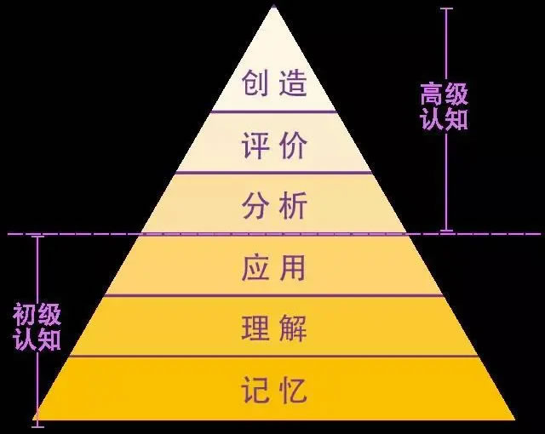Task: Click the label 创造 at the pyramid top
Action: (274, 83)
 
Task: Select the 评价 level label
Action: (274, 146)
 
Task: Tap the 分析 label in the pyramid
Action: (274, 205)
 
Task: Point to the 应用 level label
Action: (273, 267)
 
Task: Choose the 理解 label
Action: (274, 328)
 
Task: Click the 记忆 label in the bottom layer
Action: (274, 390)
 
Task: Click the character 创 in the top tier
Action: (255, 83)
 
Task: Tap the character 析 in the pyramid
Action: (293, 205)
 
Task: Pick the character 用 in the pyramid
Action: (292, 267)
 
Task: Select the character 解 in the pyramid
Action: (293, 328)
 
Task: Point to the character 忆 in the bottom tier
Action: (293, 390)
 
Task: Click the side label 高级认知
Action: (444, 106)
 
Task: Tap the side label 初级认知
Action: (37, 327)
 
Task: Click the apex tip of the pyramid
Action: (274, 6)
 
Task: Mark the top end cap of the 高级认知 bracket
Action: (446, 9)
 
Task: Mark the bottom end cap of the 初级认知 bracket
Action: (37, 426)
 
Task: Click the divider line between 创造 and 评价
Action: (273, 111)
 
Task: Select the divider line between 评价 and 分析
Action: (274, 173)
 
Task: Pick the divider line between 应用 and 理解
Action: (274, 295)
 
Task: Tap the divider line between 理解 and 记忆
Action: (274, 357)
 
